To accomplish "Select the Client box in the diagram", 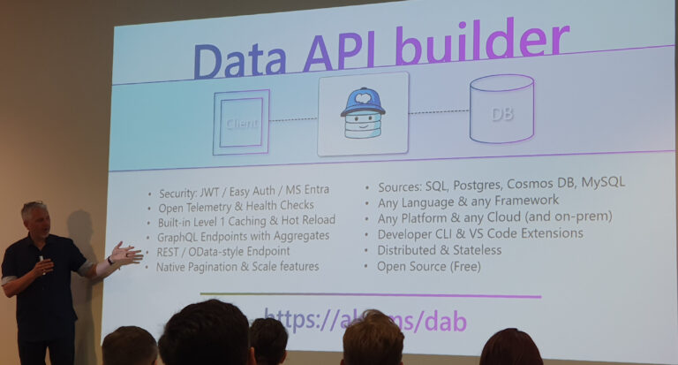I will tap(240, 122).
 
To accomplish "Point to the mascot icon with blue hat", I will tap(363, 114).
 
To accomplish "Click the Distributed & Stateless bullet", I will tap(439, 250).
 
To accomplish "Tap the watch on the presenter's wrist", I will tap(109, 261).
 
